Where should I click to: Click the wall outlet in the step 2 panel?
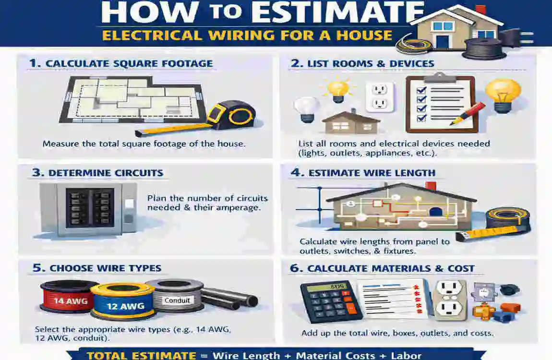click(380, 96)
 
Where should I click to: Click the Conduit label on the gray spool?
click(177, 300)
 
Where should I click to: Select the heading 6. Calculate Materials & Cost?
click(382, 268)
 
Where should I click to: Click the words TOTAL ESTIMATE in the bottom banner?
click(142, 356)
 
